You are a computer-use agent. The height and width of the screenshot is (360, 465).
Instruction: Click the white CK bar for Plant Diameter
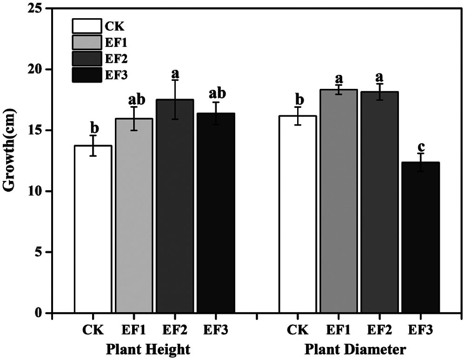tap(298, 214)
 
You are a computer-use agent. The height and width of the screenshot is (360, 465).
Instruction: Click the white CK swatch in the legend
tap(86, 26)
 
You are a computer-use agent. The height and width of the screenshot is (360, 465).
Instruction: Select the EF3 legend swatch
tap(86, 75)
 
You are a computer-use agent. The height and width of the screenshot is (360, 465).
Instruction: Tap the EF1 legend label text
tap(116, 43)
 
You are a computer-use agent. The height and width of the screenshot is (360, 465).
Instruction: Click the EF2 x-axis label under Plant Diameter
tap(379, 331)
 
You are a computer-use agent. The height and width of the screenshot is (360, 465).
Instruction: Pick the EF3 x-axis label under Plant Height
tap(216, 331)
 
